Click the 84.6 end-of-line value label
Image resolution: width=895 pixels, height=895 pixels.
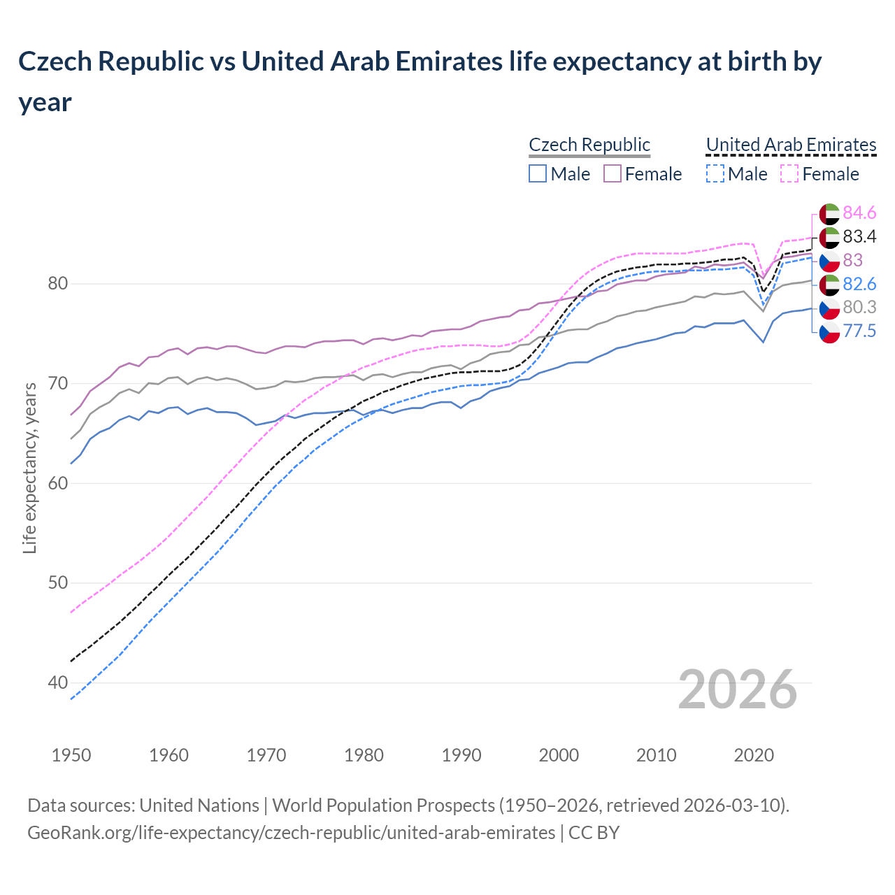[x=859, y=213]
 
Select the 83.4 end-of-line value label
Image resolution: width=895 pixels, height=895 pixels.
[x=859, y=236]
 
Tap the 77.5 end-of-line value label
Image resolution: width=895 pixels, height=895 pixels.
[x=859, y=331]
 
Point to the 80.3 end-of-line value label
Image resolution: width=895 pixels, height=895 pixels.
[x=859, y=307]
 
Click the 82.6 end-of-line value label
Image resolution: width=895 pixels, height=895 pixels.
[x=859, y=284]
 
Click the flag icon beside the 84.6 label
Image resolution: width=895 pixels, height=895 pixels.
[x=829, y=213]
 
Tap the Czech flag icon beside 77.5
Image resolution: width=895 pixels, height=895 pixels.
[x=829, y=331]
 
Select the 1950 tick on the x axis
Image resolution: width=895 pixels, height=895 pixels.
[x=71, y=755]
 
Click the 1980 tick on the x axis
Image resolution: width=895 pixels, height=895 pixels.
[x=364, y=755]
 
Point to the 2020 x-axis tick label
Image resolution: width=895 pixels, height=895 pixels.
[x=754, y=755]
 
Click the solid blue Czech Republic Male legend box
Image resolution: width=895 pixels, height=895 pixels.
[x=537, y=173]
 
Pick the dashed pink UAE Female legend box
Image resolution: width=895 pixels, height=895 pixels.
[x=789, y=173]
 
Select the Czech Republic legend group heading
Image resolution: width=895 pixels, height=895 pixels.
[x=589, y=145]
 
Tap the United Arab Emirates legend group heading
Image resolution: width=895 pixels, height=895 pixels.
[x=791, y=145]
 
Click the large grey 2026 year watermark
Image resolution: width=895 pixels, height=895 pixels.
[x=737, y=689]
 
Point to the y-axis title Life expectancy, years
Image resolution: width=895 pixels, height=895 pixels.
[x=29, y=468]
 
